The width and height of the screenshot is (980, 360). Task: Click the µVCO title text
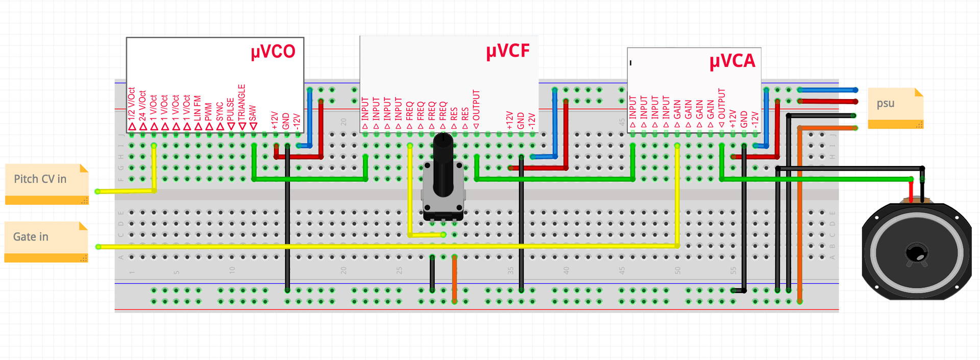point(273,52)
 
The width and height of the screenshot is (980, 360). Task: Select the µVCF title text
point(508,51)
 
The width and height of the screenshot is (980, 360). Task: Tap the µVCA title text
point(732,61)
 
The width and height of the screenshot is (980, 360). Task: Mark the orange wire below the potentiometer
point(454,278)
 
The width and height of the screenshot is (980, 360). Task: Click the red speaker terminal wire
point(911,191)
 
